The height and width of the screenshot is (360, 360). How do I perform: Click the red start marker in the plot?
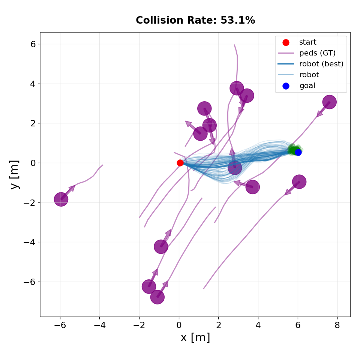[x=180, y=163]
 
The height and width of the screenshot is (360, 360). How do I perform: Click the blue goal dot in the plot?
[x=298, y=152]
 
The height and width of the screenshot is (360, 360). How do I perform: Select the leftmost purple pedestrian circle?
[x=61, y=199]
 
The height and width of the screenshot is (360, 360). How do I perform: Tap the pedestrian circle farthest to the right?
[x=329, y=102]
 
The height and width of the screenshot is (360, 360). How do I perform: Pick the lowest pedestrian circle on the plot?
[x=157, y=297]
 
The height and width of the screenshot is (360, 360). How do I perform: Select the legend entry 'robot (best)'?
[x=321, y=64]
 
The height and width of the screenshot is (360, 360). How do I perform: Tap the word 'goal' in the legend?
[x=307, y=85]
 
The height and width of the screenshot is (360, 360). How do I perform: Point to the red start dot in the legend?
[x=286, y=42]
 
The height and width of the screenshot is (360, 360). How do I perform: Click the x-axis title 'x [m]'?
[x=195, y=337]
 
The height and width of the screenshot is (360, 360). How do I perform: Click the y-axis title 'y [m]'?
[x=14, y=175]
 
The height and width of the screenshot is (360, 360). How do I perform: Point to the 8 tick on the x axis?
[x=337, y=325]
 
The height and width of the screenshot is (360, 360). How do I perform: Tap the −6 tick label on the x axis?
[x=60, y=325]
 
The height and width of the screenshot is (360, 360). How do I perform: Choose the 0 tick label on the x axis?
[x=179, y=325]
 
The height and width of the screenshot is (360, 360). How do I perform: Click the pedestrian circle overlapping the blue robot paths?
[x=234, y=168]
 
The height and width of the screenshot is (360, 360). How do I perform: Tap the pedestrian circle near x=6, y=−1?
[x=299, y=182]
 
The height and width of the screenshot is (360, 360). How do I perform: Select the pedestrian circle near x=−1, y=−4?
[x=161, y=247]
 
